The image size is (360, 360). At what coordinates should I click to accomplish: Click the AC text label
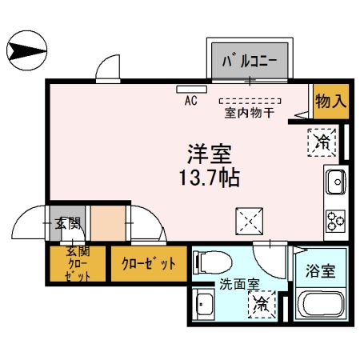point(191,101)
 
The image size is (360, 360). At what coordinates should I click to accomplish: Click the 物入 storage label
point(330,101)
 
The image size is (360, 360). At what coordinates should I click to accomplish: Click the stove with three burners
point(334,219)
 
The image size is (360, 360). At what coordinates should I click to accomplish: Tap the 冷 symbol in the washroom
point(262,304)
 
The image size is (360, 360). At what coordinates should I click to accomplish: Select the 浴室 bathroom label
point(321,270)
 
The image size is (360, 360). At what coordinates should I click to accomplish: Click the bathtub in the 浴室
point(320,306)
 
